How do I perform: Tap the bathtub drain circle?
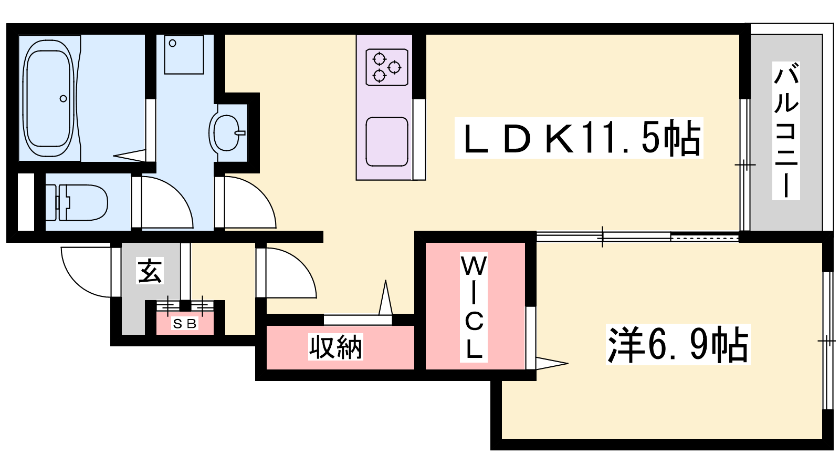pyautogui.click(x=64, y=99)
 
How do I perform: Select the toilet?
pyautogui.click(x=77, y=203)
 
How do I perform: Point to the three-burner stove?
pyautogui.click(x=386, y=67)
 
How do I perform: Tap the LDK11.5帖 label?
pyautogui.click(x=579, y=138)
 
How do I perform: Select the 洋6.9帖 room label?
pyautogui.click(x=678, y=345)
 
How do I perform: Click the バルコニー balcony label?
pyautogui.click(x=786, y=131)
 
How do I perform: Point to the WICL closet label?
pyautogui.click(x=474, y=307)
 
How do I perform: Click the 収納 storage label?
pyautogui.click(x=335, y=347)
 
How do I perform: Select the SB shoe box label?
pyautogui.click(x=184, y=323)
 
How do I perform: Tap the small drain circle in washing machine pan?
pyautogui.click(x=173, y=43)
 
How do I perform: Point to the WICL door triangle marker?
pyautogui.click(x=551, y=363)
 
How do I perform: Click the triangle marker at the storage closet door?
pyautogui.click(x=385, y=297)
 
